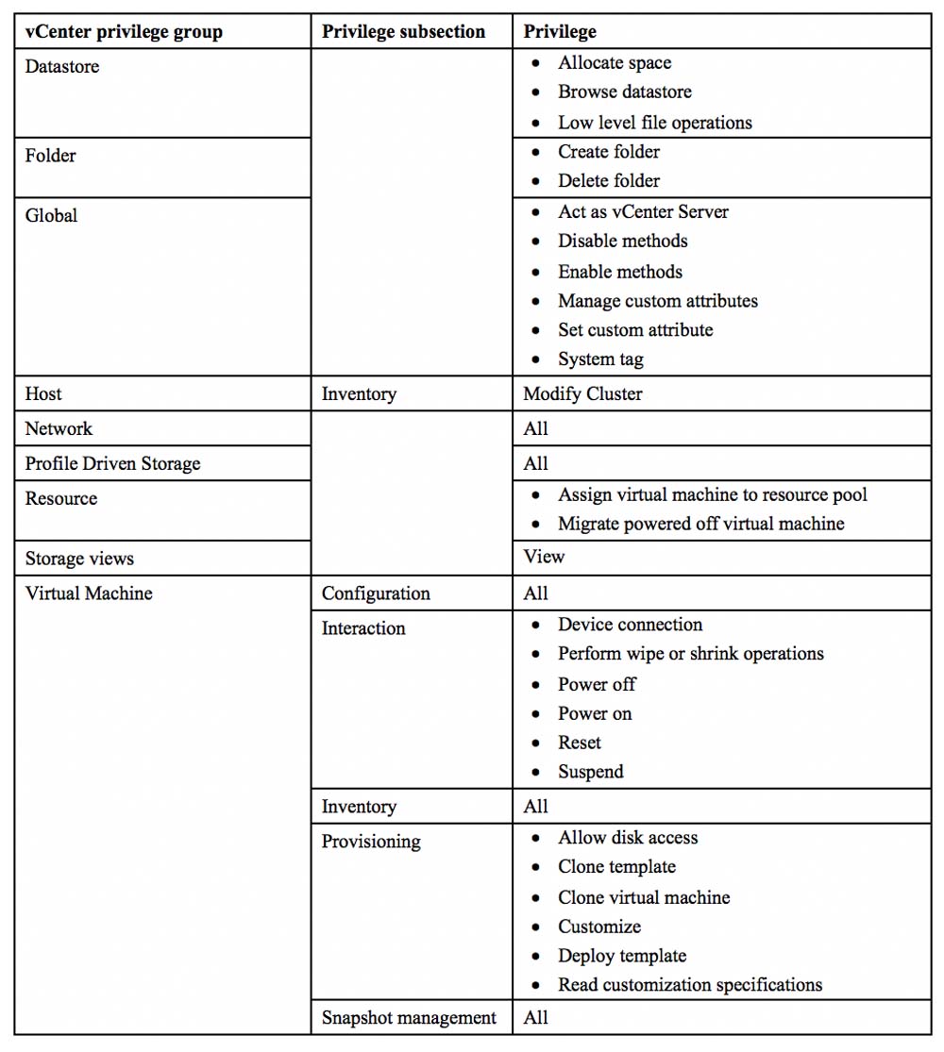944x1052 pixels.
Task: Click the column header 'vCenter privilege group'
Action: click(124, 31)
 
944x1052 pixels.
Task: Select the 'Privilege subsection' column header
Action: click(403, 31)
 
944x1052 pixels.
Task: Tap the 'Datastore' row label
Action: click(62, 67)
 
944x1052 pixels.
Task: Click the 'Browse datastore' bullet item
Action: click(624, 92)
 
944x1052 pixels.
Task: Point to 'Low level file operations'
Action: click(654, 122)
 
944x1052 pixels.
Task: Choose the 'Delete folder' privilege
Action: click(609, 180)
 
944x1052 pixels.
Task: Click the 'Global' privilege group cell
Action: click(52, 215)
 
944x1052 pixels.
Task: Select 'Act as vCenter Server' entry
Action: click(643, 211)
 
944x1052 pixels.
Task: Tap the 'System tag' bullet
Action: click(600, 359)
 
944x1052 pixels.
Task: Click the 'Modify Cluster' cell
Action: click(582, 393)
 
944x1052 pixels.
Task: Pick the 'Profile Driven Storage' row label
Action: click(112, 463)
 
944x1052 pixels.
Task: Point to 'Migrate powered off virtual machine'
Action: click(700, 523)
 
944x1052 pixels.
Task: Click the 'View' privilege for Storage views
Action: click(544, 557)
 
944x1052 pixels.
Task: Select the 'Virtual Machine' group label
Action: click(89, 593)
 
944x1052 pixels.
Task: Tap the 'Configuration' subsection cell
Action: click(376, 593)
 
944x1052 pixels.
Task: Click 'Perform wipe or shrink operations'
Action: click(690, 653)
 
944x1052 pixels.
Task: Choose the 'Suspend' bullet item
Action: click(590, 771)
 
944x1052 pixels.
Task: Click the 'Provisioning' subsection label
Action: click(371, 841)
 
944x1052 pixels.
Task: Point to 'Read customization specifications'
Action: click(689, 984)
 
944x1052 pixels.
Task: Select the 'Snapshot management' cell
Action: click(409, 1017)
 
